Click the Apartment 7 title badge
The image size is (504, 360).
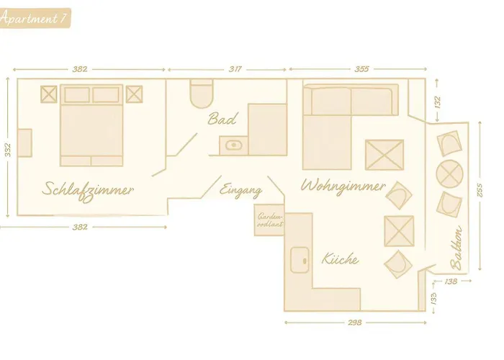pyautogui.click(x=35, y=18)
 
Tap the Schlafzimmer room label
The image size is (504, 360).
pyautogui.click(x=88, y=191)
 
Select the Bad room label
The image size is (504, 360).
pyautogui.click(x=222, y=119)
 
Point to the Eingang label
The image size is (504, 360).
pyautogui.click(x=240, y=190)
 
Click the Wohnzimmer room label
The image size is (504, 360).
pyautogui.click(x=343, y=186)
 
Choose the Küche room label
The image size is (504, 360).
pyautogui.click(x=340, y=258)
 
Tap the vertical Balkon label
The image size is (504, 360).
pyautogui.click(x=456, y=248)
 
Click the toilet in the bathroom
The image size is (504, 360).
pyautogui.click(x=202, y=93)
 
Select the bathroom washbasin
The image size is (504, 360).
pyautogui.click(x=234, y=145)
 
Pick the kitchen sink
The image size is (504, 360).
pyautogui.click(x=300, y=261)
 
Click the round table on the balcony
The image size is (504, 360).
pyautogui.click(x=450, y=174)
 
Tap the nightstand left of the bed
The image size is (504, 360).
pyautogui.click(x=49, y=94)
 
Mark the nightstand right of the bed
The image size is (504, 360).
pyautogui.click(x=134, y=94)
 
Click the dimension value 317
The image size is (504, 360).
pyautogui.click(x=235, y=69)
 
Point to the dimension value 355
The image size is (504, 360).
pyautogui.click(x=361, y=69)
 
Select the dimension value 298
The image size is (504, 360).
pyautogui.click(x=355, y=323)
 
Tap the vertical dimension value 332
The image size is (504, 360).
pyautogui.click(x=8, y=150)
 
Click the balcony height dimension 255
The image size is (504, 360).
pyautogui.click(x=480, y=190)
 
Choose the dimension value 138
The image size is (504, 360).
pyautogui.click(x=451, y=282)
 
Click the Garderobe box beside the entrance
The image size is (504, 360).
pyautogui.click(x=269, y=220)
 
